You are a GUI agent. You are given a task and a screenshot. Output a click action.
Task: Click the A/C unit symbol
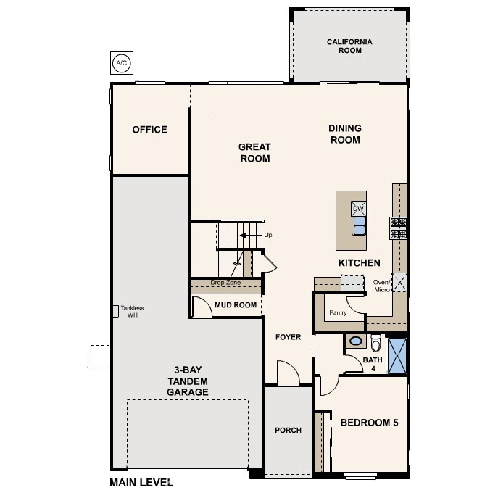[x=121, y=63]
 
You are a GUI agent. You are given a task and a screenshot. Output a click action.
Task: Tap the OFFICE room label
[x=149, y=130]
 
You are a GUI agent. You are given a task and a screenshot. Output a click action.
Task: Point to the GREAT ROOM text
[x=254, y=153]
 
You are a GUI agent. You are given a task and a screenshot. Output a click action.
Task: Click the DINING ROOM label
[x=345, y=134]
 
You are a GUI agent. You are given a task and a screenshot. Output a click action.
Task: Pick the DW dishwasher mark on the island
[x=358, y=209]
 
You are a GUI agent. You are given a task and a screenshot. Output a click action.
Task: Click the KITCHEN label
[x=359, y=262]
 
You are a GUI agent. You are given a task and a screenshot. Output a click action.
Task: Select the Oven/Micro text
[x=381, y=286]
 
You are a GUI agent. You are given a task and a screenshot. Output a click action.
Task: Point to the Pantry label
[x=338, y=313]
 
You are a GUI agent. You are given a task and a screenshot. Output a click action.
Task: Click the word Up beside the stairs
[x=268, y=235]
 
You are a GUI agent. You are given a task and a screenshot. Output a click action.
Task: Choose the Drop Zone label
[x=225, y=283]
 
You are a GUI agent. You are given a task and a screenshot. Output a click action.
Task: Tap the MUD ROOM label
[x=236, y=305]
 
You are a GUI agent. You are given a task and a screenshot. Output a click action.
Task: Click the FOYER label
[x=288, y=337]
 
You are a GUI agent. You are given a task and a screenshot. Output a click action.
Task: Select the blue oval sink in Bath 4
[x=357, y=341]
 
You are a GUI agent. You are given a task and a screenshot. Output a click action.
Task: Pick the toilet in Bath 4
[x=375, y=341]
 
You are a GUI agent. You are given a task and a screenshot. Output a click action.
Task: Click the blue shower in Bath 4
[x=397, y=355]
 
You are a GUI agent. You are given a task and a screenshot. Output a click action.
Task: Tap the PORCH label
[x=288, y=430]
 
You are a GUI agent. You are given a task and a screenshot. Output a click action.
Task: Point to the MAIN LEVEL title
[x=141, y=482]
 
